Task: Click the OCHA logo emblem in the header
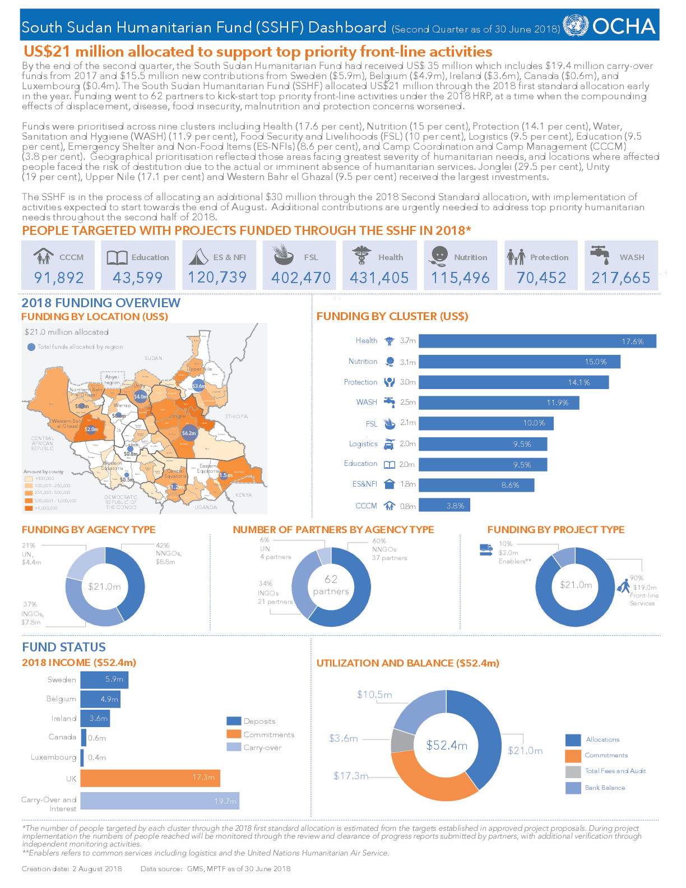575,26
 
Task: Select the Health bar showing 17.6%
537,341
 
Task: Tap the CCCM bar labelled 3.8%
444,505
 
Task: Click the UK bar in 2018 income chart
150,778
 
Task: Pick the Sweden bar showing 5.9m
104,679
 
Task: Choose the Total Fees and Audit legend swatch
573,771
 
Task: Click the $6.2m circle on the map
189,433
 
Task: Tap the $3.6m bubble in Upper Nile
198,386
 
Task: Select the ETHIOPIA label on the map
237,417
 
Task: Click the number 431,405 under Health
379,277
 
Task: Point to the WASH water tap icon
600,255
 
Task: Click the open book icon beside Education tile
117,257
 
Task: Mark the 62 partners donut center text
331,585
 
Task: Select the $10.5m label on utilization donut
374,695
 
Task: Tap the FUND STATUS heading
64,647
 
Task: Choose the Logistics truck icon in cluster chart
389,444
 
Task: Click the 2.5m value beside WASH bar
408,402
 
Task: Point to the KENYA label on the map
244,495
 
